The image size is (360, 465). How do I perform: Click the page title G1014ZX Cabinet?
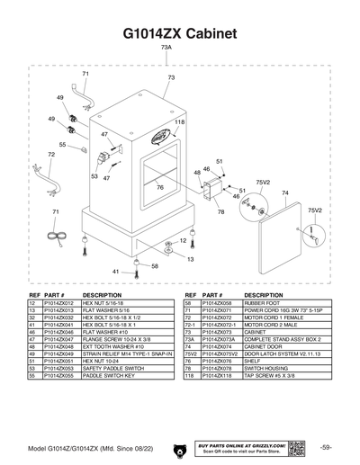click(179, 33)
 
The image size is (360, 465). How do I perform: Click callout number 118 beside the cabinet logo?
click(179, 121)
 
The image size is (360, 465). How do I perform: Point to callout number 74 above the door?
click(284, 192)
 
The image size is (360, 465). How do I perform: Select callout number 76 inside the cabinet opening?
click(159, 187)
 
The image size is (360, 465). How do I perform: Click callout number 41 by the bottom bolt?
click(115, 271)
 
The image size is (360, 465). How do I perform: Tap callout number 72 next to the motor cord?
click(51, 155)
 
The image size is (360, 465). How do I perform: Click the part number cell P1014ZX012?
click(59, 305)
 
